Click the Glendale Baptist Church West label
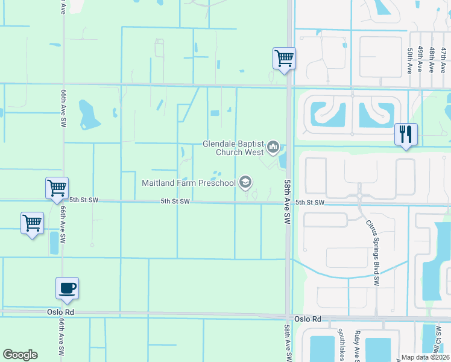(x=233, y=148)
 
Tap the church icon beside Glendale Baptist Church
(x=273, y=147)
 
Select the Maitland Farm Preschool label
(x=188, y=182)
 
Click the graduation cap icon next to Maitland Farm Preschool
(x=245, y=182)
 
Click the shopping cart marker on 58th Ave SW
(x=284, y=59)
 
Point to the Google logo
(x=20, y=355)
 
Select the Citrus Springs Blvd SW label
(x=373, y=252)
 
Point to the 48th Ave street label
(x=432, y=61)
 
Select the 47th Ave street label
(x=443, y=61)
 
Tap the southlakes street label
(x=341, y=344)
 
